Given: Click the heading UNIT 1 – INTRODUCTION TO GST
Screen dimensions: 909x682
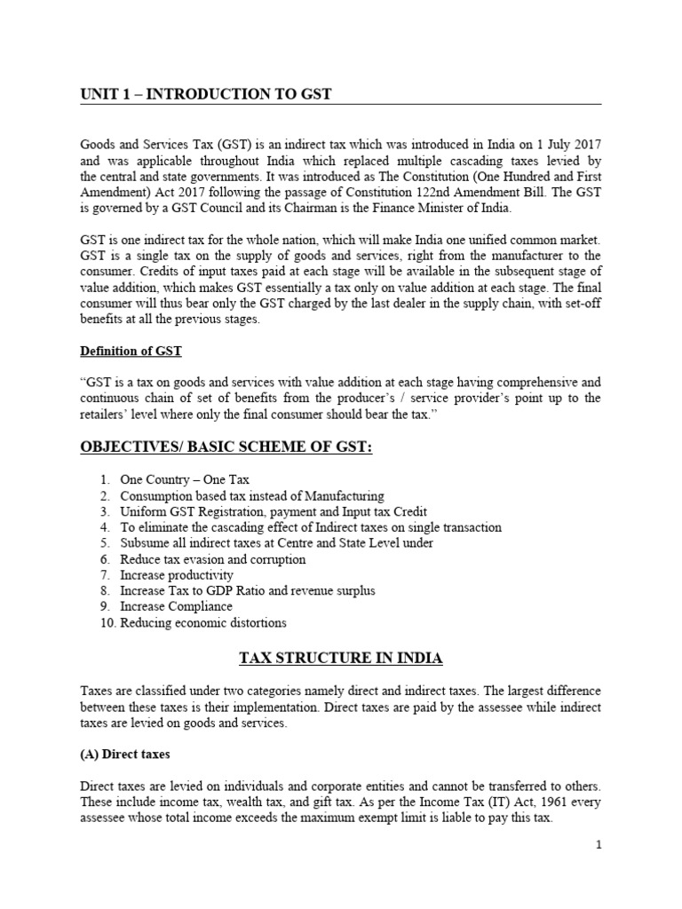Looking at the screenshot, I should click(206, 94).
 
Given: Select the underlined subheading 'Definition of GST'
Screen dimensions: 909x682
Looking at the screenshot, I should click(131, 351).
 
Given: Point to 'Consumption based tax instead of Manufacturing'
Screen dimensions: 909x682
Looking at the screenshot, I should click(252, 495).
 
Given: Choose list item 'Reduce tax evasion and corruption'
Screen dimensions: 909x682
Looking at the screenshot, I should click(212, 559).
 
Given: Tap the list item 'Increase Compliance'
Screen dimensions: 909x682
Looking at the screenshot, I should click(176, 606).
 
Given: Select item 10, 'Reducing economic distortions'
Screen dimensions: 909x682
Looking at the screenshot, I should click(203, 622).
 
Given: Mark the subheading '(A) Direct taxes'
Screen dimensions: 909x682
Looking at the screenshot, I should click(124, 754).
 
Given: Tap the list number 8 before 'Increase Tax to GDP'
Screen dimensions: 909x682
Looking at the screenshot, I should click(104, 590).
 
